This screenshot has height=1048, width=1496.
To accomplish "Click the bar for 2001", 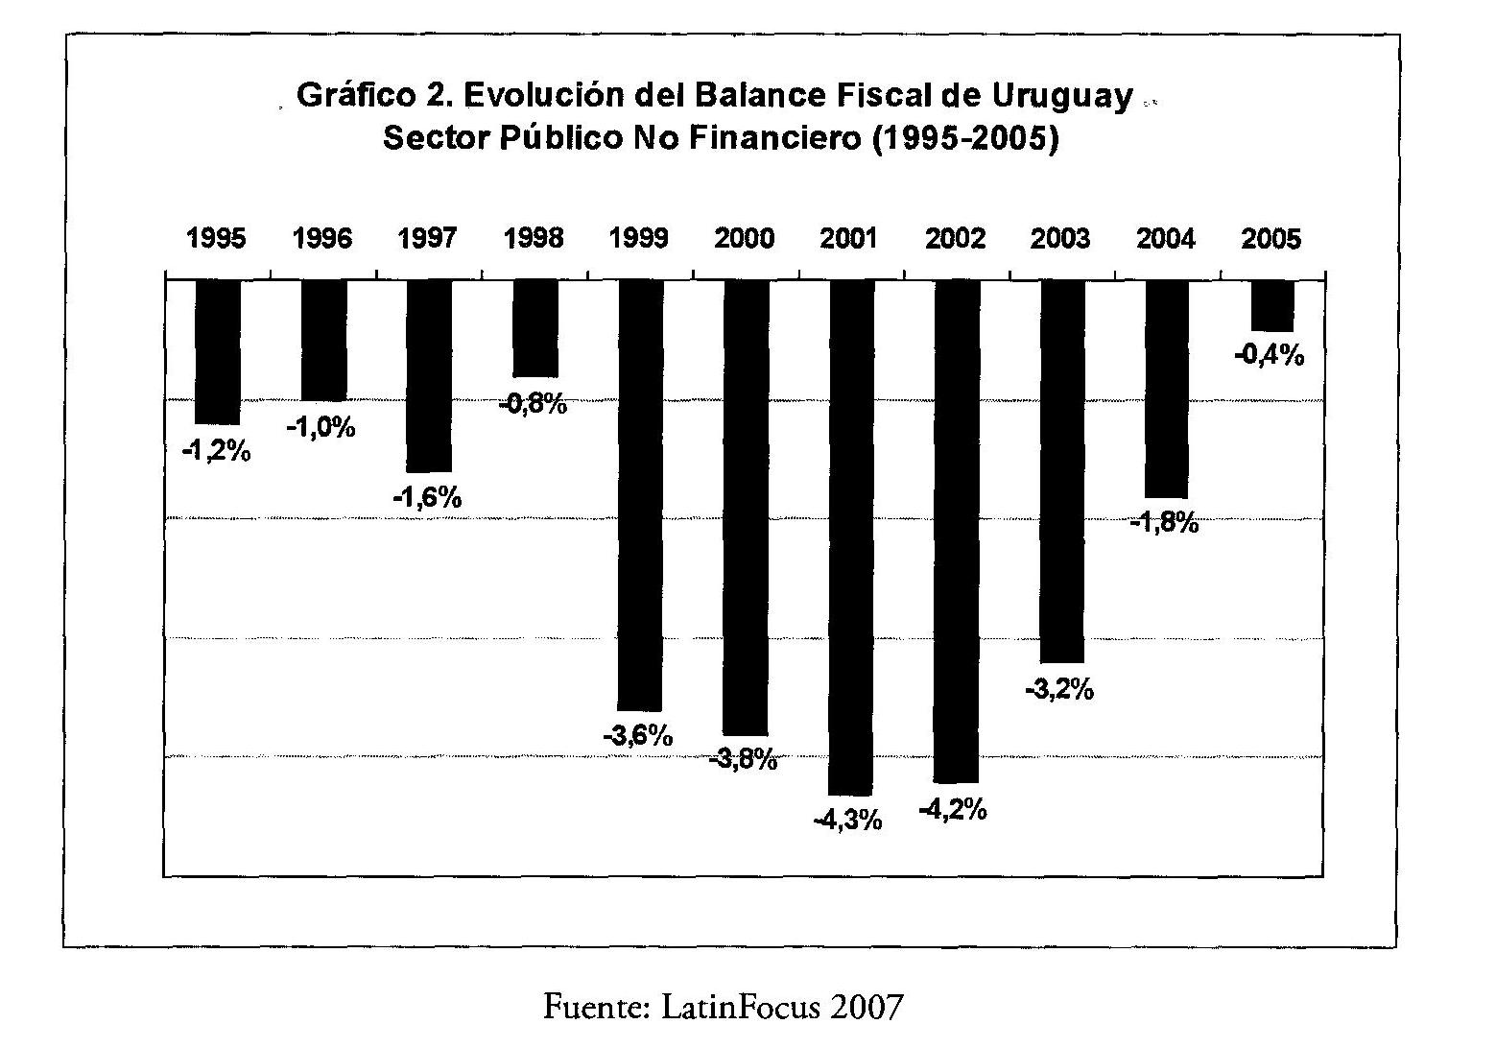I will coord(851,537).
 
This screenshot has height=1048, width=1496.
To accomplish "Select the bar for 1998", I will coord(534,328).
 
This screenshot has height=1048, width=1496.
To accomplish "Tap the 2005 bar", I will coord(1272,305).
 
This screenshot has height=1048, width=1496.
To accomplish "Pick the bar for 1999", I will coord(640,495).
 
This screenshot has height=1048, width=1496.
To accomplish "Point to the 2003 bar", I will coord(1062,470).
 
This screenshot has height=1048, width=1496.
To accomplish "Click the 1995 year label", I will coord(217,239).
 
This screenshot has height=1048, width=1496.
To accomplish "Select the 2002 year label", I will coord(956,239).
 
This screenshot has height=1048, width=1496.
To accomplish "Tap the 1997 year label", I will coord(428,239).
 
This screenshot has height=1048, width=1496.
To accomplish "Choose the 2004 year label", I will coord(1166,239).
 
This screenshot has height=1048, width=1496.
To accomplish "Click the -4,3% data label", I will coord(847,821).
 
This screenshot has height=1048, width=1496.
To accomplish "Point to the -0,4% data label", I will coord(1269,356).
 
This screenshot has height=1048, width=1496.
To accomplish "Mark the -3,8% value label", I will coord(744,761).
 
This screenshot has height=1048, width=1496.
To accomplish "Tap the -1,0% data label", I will coord(321,428).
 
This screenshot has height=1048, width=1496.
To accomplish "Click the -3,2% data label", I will coord(1059,689).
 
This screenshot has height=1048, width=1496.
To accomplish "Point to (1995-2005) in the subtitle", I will coord(962,139).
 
